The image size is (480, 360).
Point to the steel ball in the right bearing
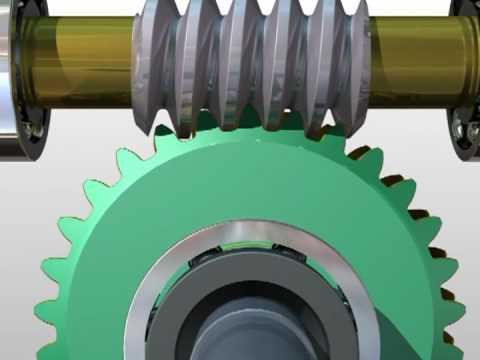[462, 130]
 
